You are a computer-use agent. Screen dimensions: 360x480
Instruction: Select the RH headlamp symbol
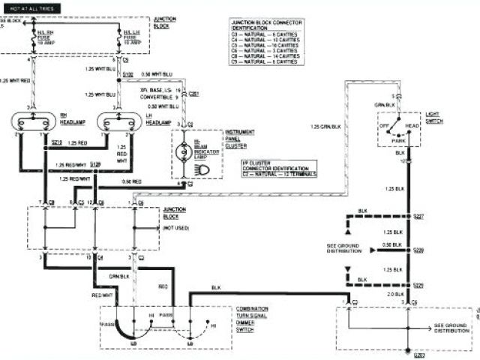32,121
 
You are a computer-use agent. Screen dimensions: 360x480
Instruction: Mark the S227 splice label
418,216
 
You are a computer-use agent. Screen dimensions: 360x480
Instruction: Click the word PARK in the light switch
398,139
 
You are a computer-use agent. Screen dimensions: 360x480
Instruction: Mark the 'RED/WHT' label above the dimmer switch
102,295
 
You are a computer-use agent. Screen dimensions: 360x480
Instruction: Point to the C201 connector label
193,94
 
